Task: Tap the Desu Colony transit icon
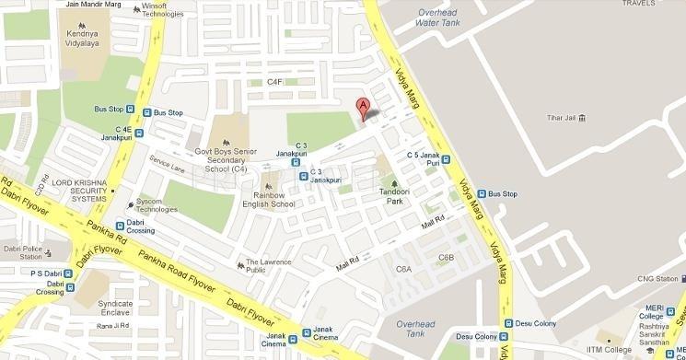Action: [x=507, y=324]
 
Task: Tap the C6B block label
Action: [x=446, y=258]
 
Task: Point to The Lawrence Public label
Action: [x=269, y=266]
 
